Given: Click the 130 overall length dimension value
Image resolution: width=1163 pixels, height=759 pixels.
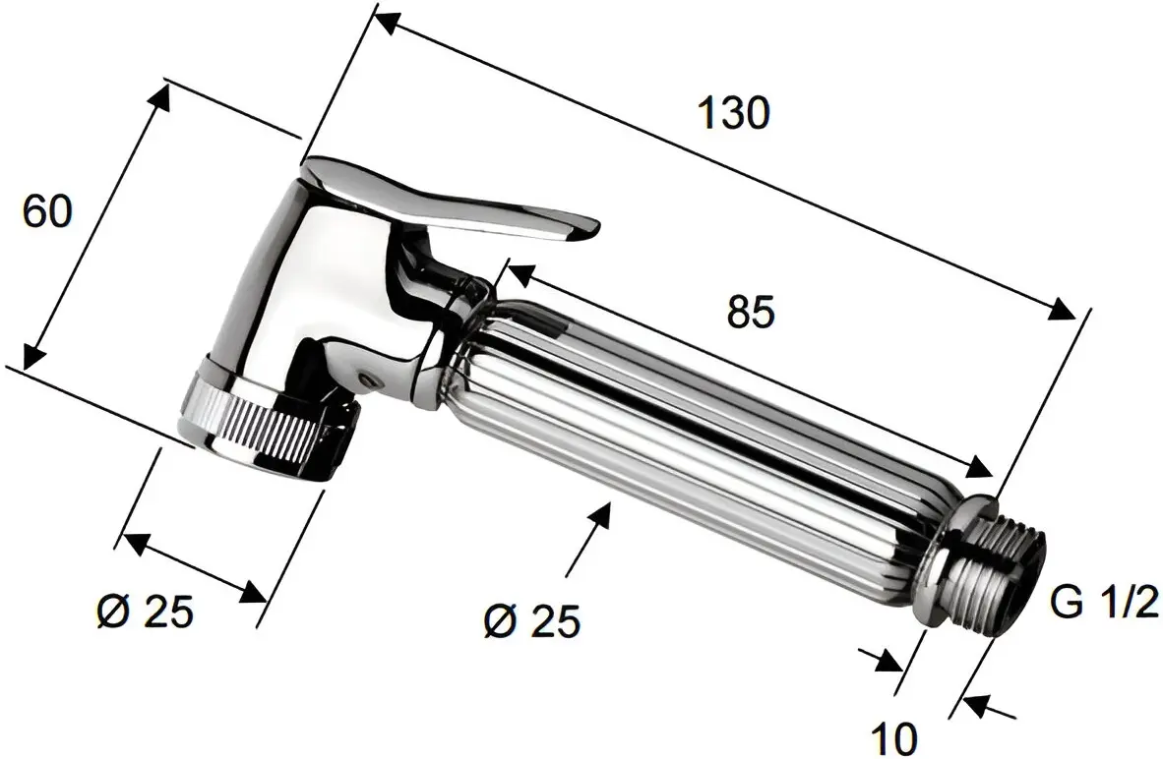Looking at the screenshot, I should (732, 113).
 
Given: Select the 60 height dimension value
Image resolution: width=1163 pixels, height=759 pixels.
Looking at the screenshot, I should (47, 211).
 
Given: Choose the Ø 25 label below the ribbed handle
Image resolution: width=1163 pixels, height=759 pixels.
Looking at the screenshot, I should (532, 620).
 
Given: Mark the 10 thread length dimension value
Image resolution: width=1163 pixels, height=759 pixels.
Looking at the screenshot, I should (894, 734).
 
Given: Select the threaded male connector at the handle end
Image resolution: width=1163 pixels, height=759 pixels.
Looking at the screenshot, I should (994, 570).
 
